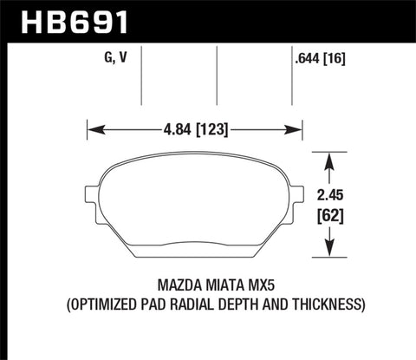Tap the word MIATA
(x=202, y=284)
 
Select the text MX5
(x=246, y=284)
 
